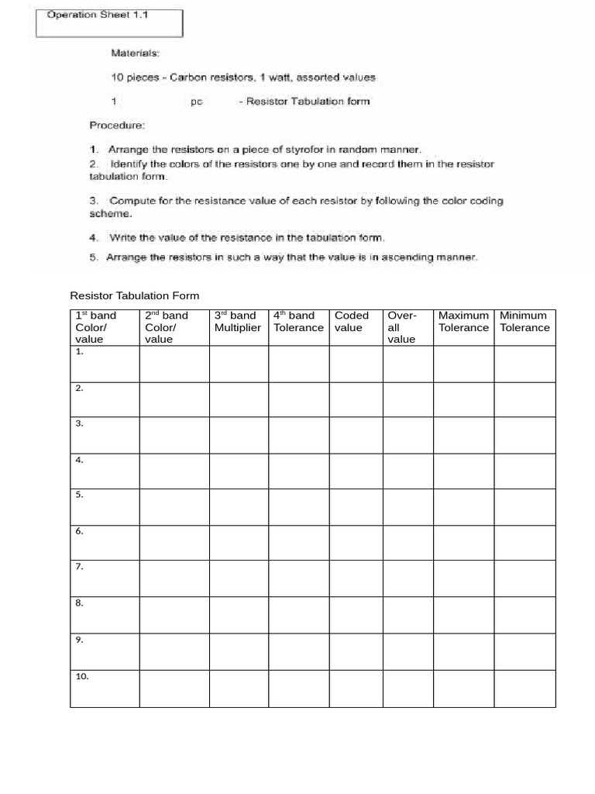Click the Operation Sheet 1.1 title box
point(109,22)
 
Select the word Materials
point(135,54)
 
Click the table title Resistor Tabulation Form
point(134,295)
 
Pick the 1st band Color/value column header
point(96,327)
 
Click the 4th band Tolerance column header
point(298,322)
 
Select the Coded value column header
point(352,322)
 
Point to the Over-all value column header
point(402,327)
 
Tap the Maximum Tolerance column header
point(463,322)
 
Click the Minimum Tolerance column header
point(524,322)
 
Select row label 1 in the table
point(79,351)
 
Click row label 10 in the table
point(82,676)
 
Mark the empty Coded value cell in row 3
point(356,435)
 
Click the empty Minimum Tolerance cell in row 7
point(524,578)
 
